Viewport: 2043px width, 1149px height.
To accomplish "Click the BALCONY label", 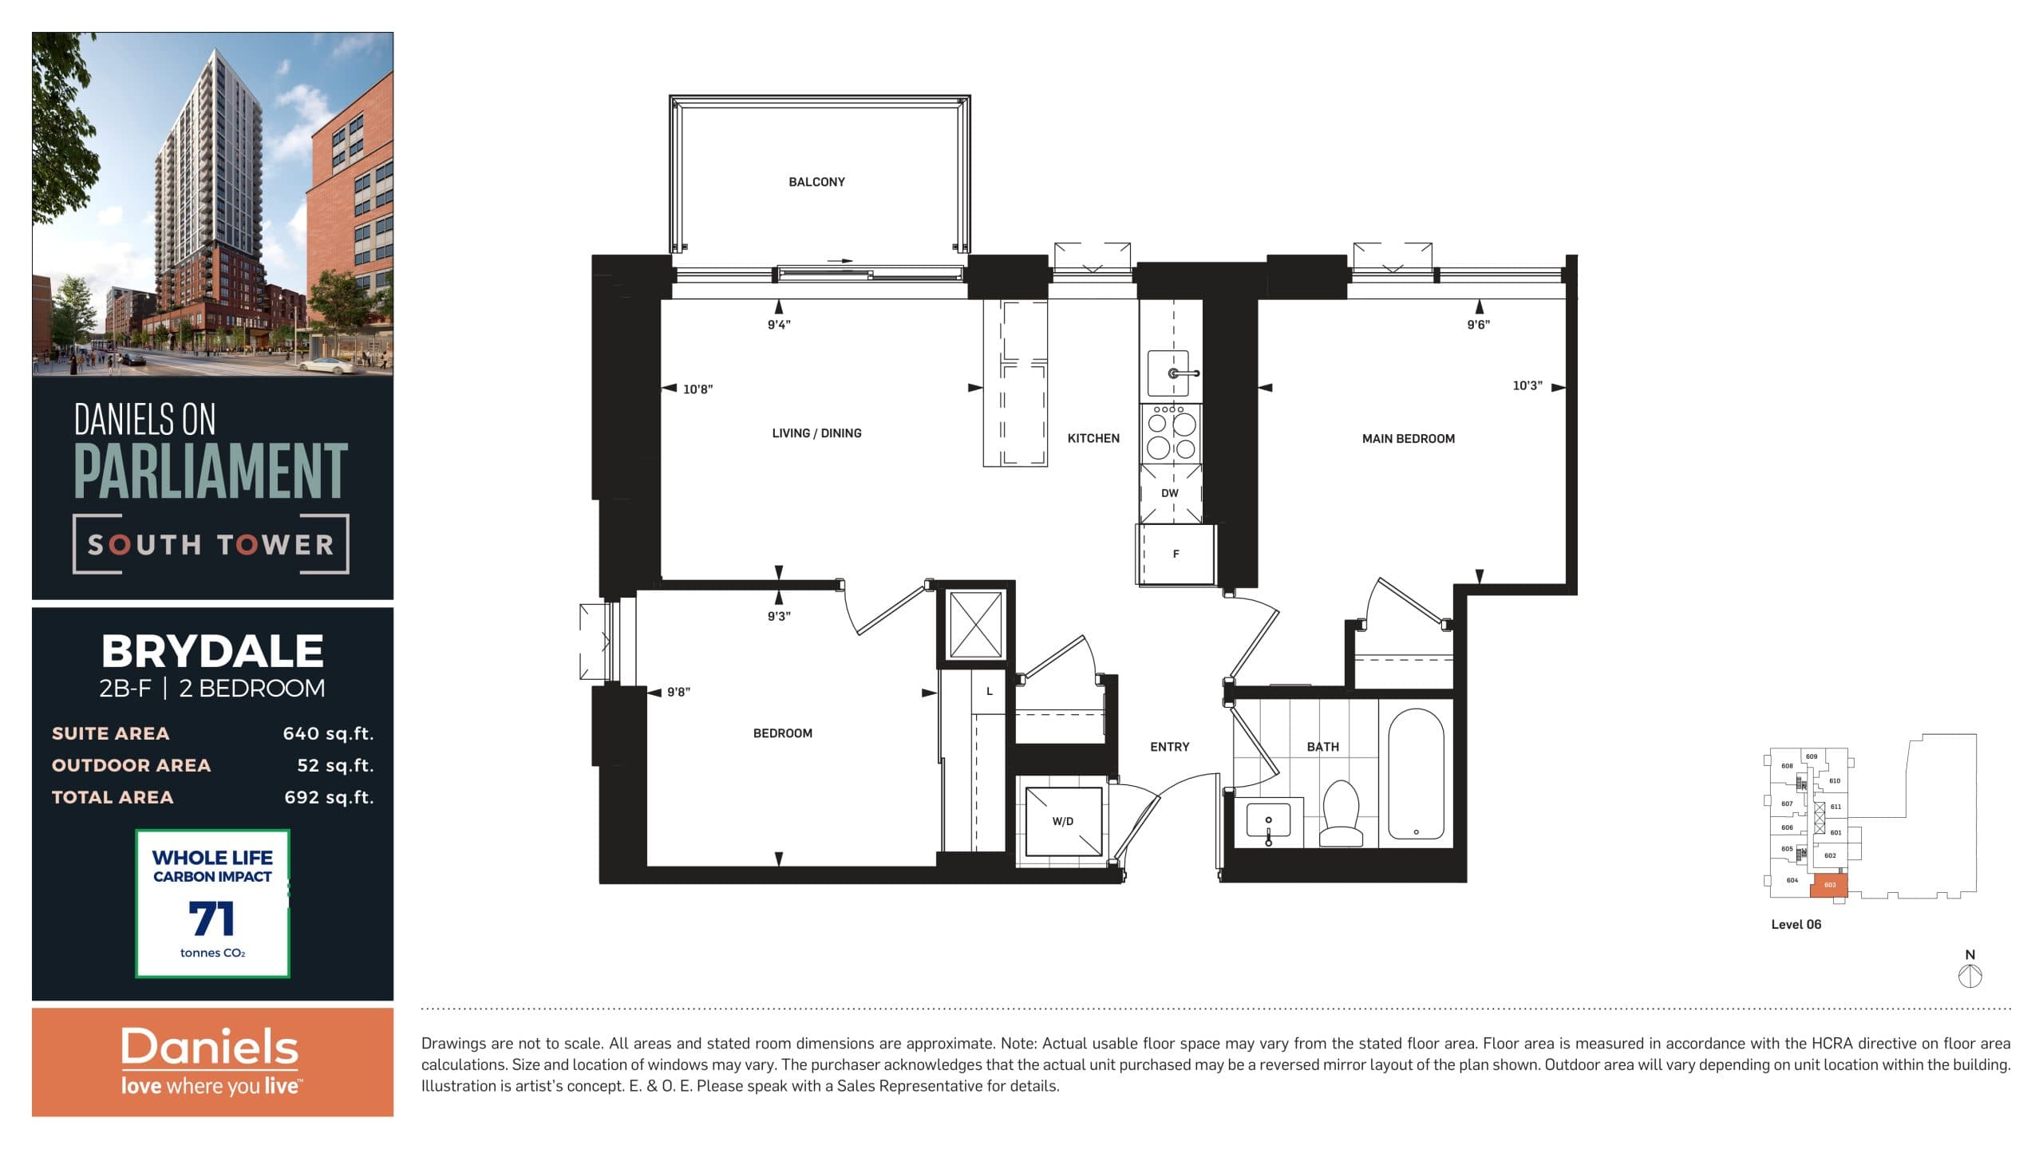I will [816, 182].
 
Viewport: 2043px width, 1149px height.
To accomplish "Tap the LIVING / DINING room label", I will [816, 433].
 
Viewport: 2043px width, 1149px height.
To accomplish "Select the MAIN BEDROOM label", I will [1408, 439].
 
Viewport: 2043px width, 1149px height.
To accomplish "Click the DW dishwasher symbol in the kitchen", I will [1169, 493].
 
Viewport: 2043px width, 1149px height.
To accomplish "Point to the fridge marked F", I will [1176, 554].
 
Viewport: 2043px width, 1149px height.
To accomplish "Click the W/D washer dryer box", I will [1062, 821].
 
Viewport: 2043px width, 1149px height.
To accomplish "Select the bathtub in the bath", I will [1416, 774].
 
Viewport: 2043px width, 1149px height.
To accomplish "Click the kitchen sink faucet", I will [1176, 373].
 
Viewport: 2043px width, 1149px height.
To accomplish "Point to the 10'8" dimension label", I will [697, 389].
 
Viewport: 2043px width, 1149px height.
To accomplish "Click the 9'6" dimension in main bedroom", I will [1478, 325].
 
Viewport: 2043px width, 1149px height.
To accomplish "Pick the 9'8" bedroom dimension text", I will [678, 692].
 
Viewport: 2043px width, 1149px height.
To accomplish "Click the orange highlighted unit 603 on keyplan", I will [1829, 885].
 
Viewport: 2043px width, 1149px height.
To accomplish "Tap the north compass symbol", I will [1970, 976].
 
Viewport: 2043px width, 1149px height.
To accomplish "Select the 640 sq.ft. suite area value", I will [328, 733].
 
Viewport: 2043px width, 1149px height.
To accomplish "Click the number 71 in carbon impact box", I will [212, 918].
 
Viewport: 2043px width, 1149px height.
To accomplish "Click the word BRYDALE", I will [212, 651].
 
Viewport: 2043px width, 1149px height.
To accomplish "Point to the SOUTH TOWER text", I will [211, 545].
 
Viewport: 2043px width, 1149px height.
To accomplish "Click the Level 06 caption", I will [1796, 924].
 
